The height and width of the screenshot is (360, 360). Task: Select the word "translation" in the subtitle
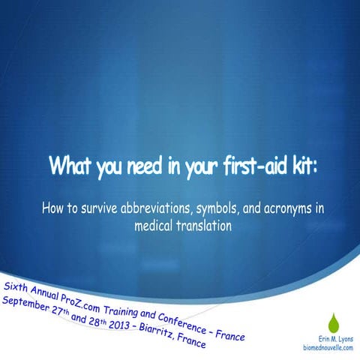tap(202, 223)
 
